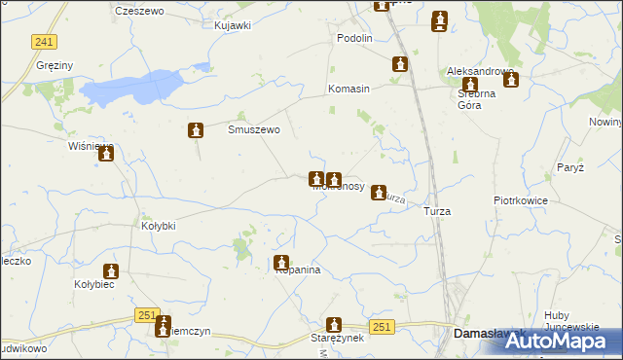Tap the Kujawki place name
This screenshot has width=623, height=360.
233,24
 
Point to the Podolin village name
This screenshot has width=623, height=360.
354,38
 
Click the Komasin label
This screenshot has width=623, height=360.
348,89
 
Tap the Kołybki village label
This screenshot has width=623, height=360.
159,226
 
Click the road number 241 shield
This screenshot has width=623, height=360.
43,41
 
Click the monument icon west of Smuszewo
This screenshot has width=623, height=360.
197,130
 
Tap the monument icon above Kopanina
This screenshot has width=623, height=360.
281,262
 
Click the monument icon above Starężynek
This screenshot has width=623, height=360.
335,324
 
